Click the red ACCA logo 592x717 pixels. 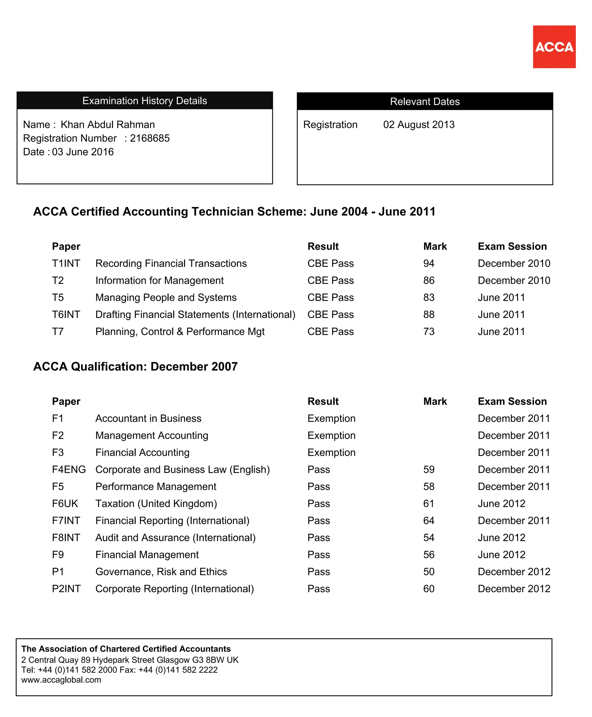point(554,47)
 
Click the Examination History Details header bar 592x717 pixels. point(145,101)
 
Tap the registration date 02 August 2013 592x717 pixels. point(419,125)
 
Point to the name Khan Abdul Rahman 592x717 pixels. point(108,125)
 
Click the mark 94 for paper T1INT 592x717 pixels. point(429,263)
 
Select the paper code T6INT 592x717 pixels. point(66,314)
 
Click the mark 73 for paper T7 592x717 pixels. point(429,331)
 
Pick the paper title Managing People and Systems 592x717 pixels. point(166,297)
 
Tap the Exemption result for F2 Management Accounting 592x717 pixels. point(331,436)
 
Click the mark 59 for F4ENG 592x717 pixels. point(429,470)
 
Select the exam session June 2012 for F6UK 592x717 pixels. point(501,503)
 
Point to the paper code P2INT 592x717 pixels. point(66,589)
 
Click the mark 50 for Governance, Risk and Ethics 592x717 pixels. point(429,572)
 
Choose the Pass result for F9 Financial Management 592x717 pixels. point(319,555)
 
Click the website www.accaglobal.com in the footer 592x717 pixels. point(61,680)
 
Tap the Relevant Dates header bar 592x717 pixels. point(425,101)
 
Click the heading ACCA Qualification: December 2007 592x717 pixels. point(135,366)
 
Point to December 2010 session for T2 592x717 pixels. point(514,280)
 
